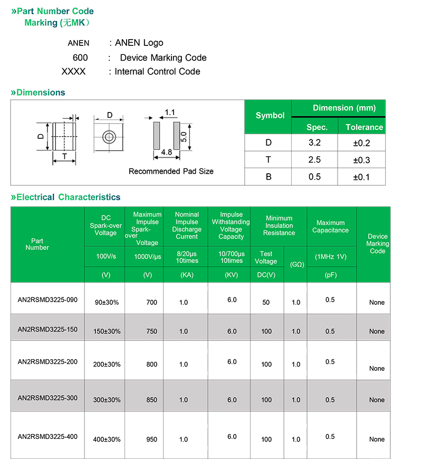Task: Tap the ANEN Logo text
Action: pyautogui.click(x=139, y=43)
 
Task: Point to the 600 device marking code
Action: pyautogui.click(x=80, y=58)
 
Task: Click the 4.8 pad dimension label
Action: pyautogui.click(x=167, y=152)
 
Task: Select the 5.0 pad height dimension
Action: pyautogui.click(x=184, y=137)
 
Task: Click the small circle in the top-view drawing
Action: pyautogui.click(x=109, y=136)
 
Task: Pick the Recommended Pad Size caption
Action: pyautogui.click(x=171, y=171)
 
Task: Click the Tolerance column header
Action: pyautogui.click(x=364, y=127)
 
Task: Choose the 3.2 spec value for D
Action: pyautogui.click(x=314, y=143)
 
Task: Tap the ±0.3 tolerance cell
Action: pyautogui.click(x=362, y=160)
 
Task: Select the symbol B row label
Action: pyautogui.click(x=268, y=177)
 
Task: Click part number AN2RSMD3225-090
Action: pyautogui.click(x=47, y=300)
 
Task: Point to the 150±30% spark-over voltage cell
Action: pyautogui.click(x=107, y=331)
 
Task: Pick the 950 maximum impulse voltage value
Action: pyautogui.click(x=152, y=439)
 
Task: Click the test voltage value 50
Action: pyautogui.click(x=266, y=303)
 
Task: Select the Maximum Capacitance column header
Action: pyautogui.click(x=331, y=226)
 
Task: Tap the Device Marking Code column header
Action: pyautogui.click(x=377, y=243)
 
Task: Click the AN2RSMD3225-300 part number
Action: pyautogui.click(x=47, y=398)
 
